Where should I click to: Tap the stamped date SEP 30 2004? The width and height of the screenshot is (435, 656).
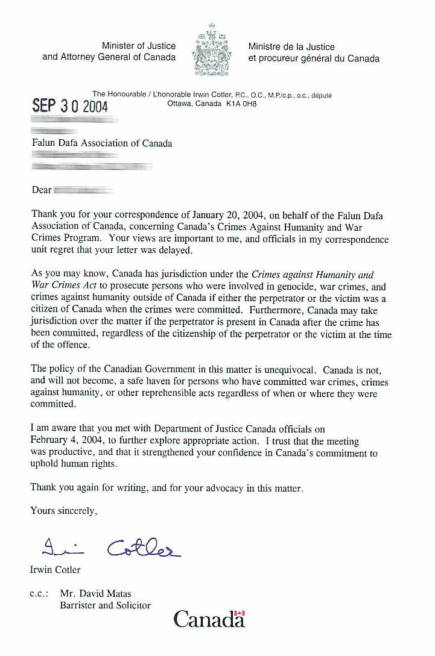70,106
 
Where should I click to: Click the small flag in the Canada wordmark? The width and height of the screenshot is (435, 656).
240,614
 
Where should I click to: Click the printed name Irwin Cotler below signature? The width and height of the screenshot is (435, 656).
55,569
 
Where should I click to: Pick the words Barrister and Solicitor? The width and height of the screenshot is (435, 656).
105,605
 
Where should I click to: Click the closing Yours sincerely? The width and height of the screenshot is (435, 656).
63,511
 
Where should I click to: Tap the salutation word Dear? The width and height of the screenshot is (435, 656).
42,190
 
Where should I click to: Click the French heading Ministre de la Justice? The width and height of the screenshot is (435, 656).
291,46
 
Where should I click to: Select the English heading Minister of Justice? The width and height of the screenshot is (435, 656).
139,46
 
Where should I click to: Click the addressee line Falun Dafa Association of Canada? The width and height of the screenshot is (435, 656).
102,143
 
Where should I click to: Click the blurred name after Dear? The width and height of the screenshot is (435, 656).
84,190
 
